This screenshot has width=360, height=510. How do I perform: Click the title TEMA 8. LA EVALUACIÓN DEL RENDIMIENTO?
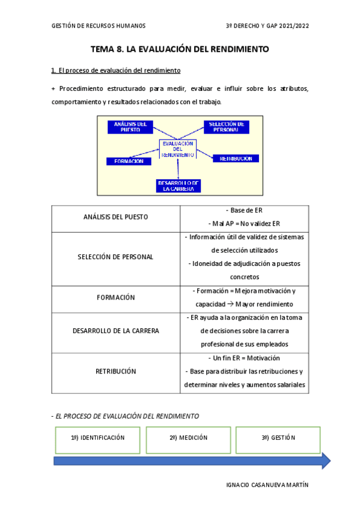[180, 49]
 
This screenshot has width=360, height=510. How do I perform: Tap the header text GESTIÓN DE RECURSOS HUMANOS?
[99, 26]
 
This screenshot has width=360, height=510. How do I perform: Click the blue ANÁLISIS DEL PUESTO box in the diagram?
[130, 127]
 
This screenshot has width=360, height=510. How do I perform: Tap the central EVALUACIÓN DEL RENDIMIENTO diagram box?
[177, 149]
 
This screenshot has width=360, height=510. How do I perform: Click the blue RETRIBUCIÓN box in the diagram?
[236, 159]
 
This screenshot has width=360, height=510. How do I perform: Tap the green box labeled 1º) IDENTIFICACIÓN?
[97, 438]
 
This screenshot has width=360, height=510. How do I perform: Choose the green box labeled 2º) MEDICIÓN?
[188, 438]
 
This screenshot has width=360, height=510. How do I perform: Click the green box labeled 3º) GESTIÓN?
[278, 438]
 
